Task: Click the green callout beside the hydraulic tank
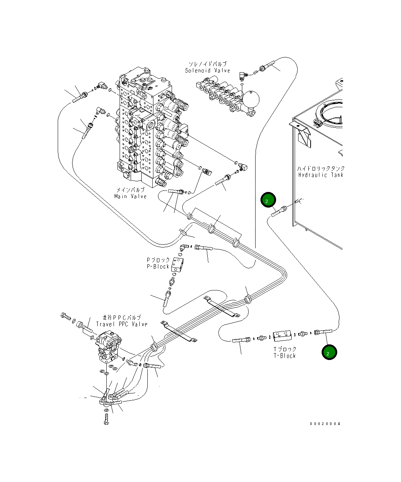[x=268, y=200]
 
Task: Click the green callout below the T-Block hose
[x=329, y=352]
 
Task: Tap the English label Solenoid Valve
[x=207, y=70]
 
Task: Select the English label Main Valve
[x=130, y=196]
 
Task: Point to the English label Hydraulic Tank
[x=320, y=175]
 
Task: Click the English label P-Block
[x=158, y=266]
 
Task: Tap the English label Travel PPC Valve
[x=122, y=324]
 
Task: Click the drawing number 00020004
[x=325, y=423]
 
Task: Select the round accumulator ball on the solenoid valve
[x=251, y=99]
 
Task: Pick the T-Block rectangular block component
[x=282, y=335]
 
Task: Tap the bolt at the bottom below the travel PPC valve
[x=106, y=420]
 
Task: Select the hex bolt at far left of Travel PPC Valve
[x=65, y=316]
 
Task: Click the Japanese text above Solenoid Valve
[x=208, y=64]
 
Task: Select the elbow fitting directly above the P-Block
[x=184, y=247]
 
